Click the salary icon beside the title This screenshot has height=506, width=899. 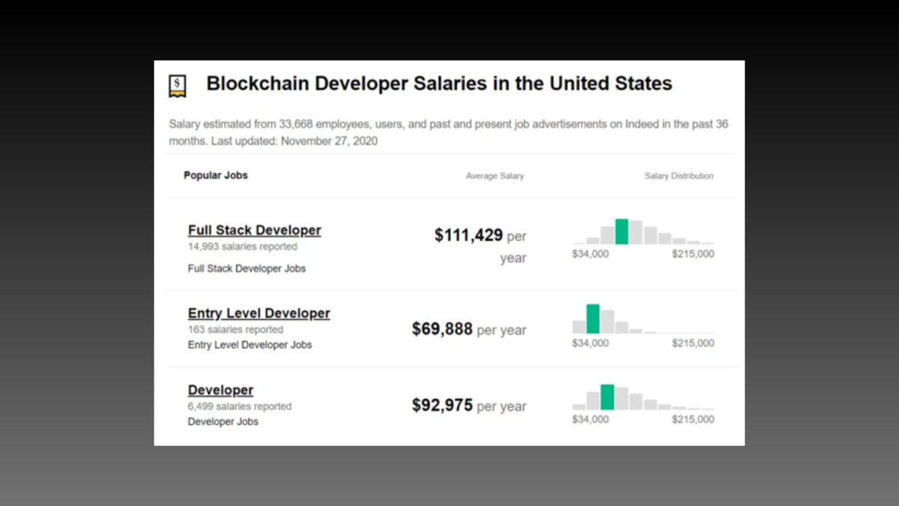tap(177, 86)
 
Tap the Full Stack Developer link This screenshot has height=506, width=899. tap(254, 230)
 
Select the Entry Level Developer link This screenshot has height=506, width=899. tap(258, 313)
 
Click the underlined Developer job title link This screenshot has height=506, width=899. tap(220, 390)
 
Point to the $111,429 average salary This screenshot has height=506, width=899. tap(468, 235)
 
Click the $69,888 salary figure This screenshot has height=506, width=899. tap(442, 329)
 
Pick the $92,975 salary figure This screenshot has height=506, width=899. tap(442, 406)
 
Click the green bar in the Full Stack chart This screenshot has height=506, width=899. tap(621, 232)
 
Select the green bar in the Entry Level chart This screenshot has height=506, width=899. tap(593, 319)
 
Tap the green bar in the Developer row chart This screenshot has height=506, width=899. tap(607, 397)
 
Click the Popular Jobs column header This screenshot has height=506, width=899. tap(216, 175)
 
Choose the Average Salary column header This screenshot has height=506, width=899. tap(494, 176)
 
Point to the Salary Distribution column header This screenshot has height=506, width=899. tap(679, 176)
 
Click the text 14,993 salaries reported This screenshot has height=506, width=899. tap(242, 247)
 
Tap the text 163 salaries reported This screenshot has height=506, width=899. tap(235, 330)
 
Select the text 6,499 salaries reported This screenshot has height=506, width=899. tap(239, 406)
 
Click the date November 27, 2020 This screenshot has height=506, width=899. tap(329, 141)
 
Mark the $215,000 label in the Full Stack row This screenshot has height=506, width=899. tap(693, 254)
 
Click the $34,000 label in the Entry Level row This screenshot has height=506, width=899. tap(590, 343)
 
